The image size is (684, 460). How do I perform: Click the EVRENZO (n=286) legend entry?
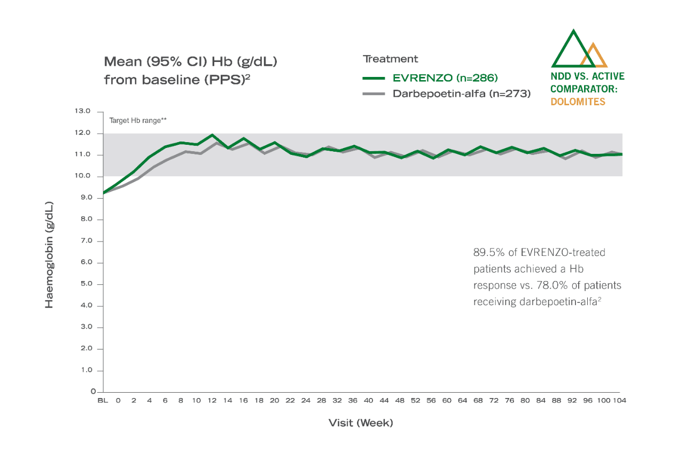coord(445,78)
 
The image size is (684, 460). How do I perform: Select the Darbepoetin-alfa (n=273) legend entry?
coord(461,93)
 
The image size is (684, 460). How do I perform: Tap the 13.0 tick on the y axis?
coord(84,111)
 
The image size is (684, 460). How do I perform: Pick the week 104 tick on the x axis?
coord(619,400)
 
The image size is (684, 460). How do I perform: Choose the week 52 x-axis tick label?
coord(415,400)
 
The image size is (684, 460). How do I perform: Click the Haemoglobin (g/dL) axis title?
coord(49,254)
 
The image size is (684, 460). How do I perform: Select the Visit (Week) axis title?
coord(361,423)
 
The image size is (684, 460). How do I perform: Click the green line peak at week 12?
coord(212,135)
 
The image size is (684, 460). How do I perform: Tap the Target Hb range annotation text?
coord(138,121)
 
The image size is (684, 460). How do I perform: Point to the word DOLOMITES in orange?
coord(578,102)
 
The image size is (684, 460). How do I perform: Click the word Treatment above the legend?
coord(390,59)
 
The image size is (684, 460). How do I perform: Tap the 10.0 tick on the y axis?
coord(84,176)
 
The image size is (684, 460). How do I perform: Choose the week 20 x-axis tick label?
coord(274,400)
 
